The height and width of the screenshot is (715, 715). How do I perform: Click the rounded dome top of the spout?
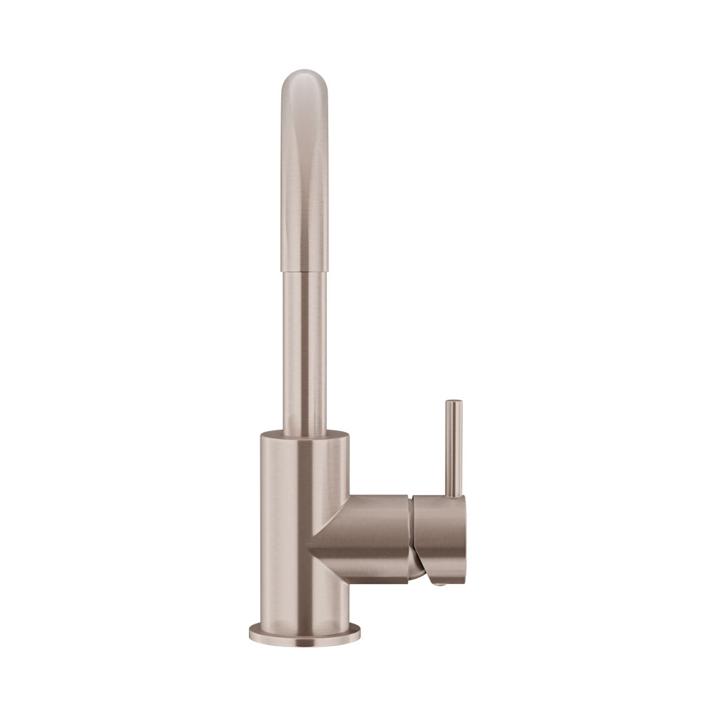point(304,79)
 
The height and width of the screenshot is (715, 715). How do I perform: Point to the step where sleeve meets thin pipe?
point(304,271)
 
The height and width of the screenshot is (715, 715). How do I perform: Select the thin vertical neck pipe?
point(305,351)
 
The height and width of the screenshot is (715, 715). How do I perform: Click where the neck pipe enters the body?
point(305,434)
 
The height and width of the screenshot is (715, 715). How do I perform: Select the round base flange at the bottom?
point(305,634)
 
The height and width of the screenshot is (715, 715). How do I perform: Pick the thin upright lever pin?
point(453,450)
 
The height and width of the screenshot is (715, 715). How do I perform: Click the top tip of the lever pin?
point(453,402)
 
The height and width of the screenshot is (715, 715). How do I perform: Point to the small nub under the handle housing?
point(438,583)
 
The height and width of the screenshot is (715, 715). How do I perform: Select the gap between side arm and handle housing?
point(412,540)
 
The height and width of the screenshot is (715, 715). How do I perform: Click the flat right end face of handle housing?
point(464,540)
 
